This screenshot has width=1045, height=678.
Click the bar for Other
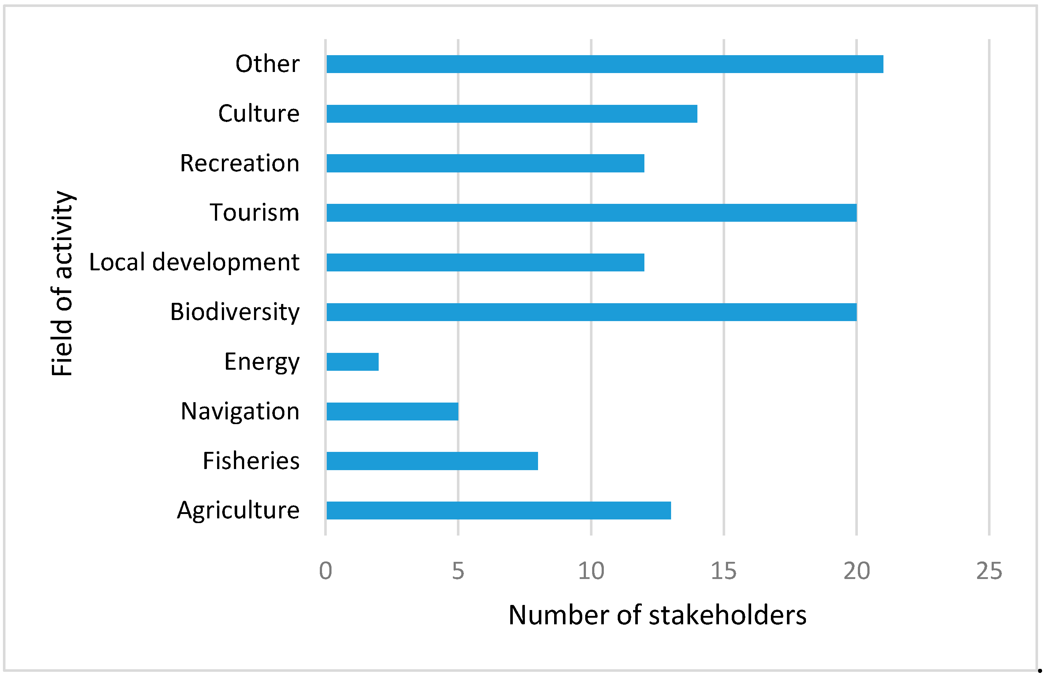pos(604,64)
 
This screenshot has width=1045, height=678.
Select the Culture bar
pos(511,114)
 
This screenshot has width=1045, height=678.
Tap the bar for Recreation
pos(485,163)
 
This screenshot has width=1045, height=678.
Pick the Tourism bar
pos(591,213)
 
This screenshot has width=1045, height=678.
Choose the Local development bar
pos(485,262)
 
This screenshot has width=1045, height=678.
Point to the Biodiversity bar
pos(591,312)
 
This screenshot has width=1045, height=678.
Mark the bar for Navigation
pos(392,411)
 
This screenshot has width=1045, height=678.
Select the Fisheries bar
pos(432,461)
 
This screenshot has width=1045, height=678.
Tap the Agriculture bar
pos(498,510)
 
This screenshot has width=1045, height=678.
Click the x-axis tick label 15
pos(723,571)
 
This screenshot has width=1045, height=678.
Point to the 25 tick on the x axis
pos(989,571)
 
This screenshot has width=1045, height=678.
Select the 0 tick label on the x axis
pos(325,571)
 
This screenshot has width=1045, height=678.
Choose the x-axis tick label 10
pos(591,571)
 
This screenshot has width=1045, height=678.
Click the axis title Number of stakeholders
pos(657,615)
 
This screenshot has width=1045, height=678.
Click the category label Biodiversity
pos(235,312)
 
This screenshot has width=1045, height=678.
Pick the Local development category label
pos(194,262)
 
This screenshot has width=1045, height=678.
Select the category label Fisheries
pos(251,461)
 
